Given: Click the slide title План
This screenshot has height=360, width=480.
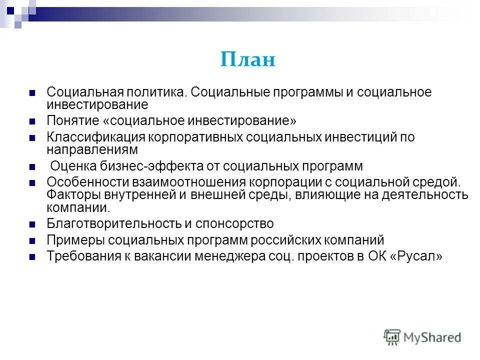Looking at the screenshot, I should [x=248, y=60].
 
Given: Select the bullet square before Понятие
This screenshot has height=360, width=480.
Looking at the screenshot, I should [x=32, y=121].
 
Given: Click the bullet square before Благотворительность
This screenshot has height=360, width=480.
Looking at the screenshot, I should [x=32, y=223].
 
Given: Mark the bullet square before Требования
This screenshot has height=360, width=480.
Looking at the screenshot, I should [x=32, y=257].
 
